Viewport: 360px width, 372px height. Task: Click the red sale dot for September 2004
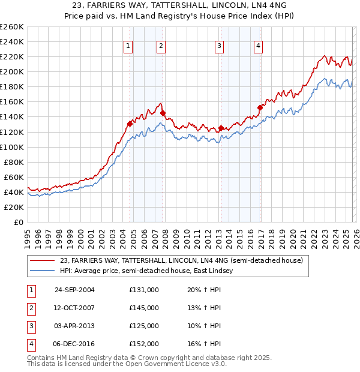(130, 124)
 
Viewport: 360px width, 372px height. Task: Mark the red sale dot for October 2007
(163, 113)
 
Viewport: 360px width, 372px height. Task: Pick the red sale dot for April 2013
(221, 128)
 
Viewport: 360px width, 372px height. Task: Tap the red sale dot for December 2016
(260, 108)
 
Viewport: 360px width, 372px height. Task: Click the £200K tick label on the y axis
(12, 71)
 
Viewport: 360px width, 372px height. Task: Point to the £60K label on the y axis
(14, 177)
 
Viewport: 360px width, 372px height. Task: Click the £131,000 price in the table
(143, 290)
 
